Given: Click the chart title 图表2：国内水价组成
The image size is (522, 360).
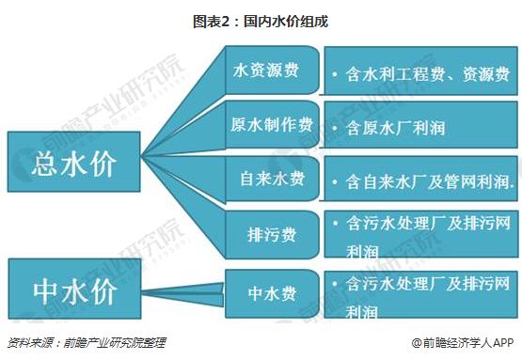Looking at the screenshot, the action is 261,22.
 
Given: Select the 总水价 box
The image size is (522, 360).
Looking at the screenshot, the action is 74,162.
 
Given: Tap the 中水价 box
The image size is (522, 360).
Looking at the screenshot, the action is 74,289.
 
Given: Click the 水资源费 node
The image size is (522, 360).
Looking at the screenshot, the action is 273,70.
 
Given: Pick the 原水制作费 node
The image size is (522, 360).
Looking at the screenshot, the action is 273,125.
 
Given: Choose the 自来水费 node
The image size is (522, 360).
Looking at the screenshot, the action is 273,179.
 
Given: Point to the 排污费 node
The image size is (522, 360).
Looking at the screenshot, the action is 273,235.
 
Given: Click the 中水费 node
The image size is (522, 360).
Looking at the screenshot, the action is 273,294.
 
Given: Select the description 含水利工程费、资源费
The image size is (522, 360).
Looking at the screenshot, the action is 428,74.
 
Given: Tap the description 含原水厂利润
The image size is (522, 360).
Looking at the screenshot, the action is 395,128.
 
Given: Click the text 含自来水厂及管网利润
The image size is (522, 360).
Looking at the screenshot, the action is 430,182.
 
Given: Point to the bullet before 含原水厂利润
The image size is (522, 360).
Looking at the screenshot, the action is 335,128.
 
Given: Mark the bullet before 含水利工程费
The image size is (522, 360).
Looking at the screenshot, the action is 335,74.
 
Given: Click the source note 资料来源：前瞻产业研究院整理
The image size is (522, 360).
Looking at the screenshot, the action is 87,342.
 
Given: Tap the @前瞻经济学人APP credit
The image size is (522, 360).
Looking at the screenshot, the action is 463,342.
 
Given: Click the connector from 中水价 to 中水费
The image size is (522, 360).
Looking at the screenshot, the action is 183,294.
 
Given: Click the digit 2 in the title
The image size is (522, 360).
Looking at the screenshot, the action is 226,22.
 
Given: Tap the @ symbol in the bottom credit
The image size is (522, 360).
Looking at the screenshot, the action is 417,343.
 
